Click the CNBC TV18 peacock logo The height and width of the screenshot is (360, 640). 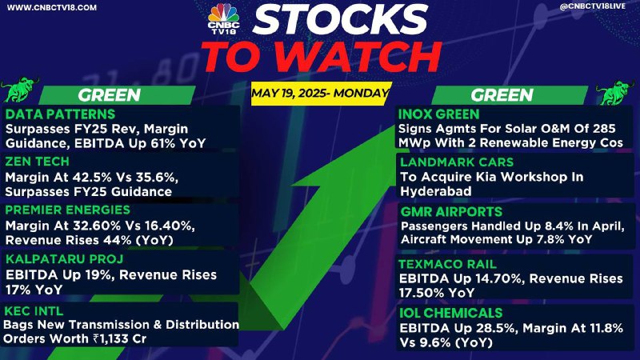click(223, 18)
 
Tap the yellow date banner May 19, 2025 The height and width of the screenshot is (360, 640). click(321, 94)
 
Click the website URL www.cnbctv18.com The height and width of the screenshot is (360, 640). click(52, 7)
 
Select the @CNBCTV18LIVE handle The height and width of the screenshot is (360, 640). click(592, 6)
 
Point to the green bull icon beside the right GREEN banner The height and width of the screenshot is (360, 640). click(617, 92)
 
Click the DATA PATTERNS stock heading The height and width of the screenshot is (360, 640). click(61, 114)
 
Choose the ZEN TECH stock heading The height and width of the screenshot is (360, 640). click(37, 162)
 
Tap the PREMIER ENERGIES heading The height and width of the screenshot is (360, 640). click(68, 210)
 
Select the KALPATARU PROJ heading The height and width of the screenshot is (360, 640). click(65, 259)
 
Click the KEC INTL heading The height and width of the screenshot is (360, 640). click(34, 311)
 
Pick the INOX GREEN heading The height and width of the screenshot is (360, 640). click(438, 114)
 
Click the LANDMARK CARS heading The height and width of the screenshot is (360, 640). click(457, 162)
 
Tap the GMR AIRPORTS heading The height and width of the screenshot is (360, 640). click(451, 211)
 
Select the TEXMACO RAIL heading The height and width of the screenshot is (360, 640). click(447, 264)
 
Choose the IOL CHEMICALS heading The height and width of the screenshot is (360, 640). click(450, 313)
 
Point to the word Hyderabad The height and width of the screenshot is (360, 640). click(435, 191)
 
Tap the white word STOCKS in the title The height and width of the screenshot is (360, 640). click(340, 19)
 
